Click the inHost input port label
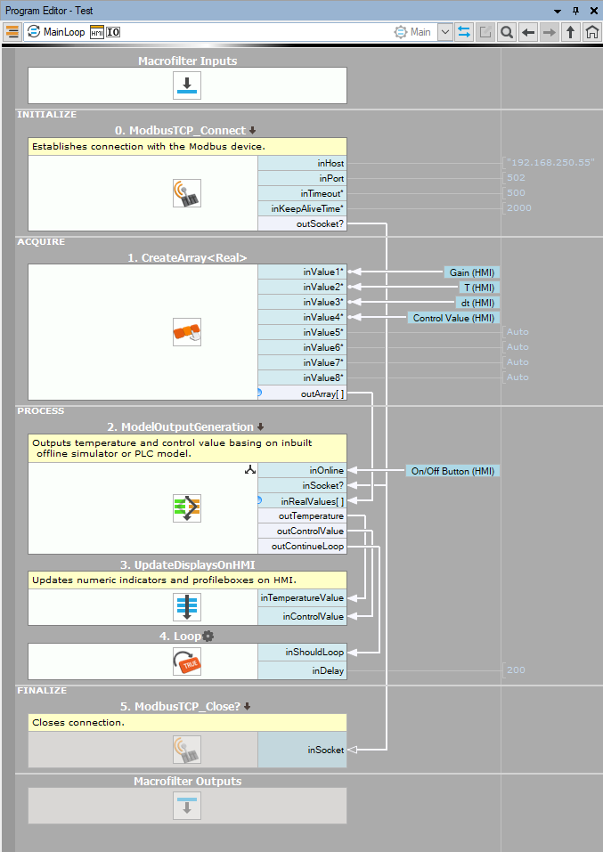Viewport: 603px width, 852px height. tap(330, 163)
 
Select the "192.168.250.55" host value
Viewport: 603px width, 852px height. tap(550, 163)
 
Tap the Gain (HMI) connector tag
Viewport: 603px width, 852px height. tap(472, 272)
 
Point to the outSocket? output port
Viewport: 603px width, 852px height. tap(320, 223)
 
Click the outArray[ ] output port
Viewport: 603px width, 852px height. tap(322, 393)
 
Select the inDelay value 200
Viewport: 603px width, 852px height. tap(516, 669)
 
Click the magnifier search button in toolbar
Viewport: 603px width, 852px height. tap(506, 32)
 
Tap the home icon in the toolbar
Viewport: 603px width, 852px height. tap(591, 32)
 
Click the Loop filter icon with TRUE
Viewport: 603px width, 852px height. tap(187, 661)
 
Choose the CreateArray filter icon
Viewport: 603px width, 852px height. tap(187, 332)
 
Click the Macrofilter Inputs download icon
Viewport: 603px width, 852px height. tap(187, 85)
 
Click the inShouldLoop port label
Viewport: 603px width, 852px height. tap(314, 652)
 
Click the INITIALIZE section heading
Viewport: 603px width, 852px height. tap(46, 114)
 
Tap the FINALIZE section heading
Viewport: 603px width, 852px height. tap(41, 690)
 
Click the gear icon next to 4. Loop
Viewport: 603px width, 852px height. tap(208, 636)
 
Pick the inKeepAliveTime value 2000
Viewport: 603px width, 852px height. tap(520, 208)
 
